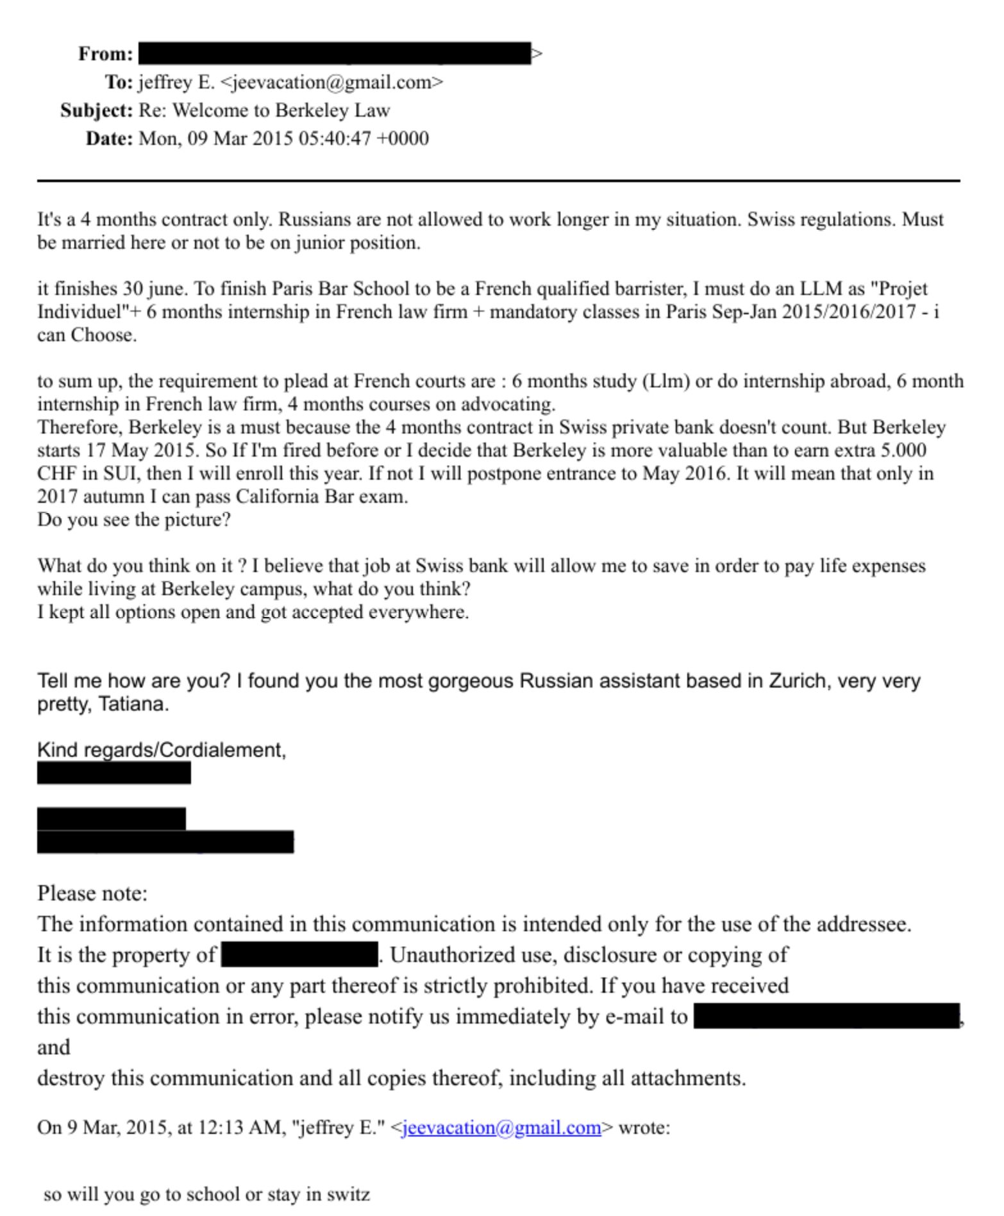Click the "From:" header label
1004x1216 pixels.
point(105,53)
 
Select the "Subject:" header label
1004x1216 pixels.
point(96,110)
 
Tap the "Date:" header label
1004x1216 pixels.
point(109,139)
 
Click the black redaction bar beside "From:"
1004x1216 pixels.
point(334,53)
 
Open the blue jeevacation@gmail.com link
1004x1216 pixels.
point(501,1127)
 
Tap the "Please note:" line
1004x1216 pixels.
point(92,893)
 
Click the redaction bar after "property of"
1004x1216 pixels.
point(299,954)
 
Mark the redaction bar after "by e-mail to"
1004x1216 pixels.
point(826,1016)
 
